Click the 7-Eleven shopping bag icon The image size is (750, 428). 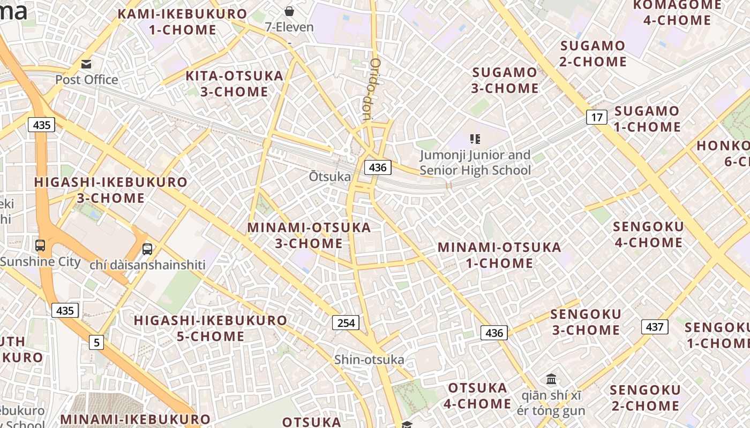point(289,11)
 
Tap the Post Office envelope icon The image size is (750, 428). point(86,64)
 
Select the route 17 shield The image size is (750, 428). point(596,117)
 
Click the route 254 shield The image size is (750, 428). point(346,323)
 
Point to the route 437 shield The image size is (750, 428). point(655,327)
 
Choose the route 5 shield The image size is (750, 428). point(96,342)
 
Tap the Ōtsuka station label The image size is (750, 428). point(330,177)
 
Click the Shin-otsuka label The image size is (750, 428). point(369,360)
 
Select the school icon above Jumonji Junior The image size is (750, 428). point(475,139)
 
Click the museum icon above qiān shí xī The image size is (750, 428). point(551,379)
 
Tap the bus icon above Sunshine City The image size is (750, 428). point(40,246)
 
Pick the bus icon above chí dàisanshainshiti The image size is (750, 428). point(147,249)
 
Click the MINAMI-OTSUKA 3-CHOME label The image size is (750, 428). point(309,235)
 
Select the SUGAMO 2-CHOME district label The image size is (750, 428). point(592,53)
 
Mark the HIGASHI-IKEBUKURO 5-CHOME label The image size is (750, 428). point(211,328)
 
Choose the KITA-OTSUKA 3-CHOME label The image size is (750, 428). point(234,83)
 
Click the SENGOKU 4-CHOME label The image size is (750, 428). point(648,234)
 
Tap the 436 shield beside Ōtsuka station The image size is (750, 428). point(378,167)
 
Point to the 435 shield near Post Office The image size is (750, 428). point(41,125)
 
